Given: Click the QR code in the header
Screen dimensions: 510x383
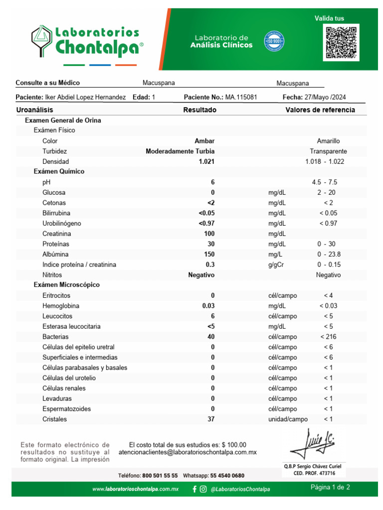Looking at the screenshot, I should coord(342,43).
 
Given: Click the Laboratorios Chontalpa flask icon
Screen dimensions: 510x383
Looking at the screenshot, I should coord(41,41).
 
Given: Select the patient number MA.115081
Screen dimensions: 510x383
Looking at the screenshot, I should coord(241,98).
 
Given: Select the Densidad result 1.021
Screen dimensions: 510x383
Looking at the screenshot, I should coord(206,161).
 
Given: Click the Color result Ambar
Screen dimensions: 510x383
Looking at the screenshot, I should coord(204,141).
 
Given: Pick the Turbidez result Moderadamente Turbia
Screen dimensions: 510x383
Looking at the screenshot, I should coord(180,151).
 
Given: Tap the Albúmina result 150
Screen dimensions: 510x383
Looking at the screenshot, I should coord(209,255).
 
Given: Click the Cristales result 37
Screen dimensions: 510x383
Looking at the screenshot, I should coord(211,419).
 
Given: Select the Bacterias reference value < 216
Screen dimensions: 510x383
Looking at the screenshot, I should coord(328,337).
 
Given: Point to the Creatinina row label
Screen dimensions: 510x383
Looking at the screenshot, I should coord(56,234).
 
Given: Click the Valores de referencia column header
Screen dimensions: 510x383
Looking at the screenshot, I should coord(320,110).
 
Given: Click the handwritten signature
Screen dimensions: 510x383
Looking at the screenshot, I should coord(313,444).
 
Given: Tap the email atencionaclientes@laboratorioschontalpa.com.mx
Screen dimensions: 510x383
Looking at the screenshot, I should coord(188,453).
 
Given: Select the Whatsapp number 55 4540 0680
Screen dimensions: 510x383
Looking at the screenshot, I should coord(227,476).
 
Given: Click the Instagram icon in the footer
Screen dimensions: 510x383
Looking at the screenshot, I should coord(203,489).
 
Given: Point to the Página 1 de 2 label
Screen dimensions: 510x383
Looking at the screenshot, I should coord(330,487).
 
